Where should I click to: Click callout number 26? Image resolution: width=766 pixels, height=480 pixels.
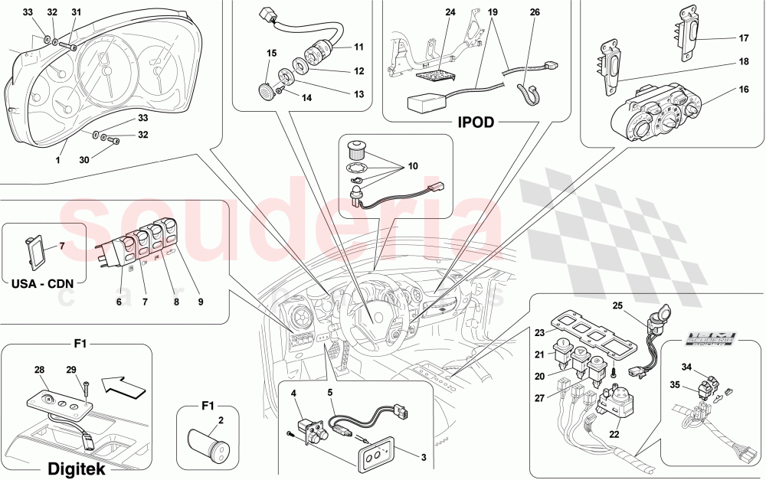pyautogui.click(x=534, y=13)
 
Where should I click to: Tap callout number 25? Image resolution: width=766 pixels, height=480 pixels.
pyautogui.click(x=617, y=306)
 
